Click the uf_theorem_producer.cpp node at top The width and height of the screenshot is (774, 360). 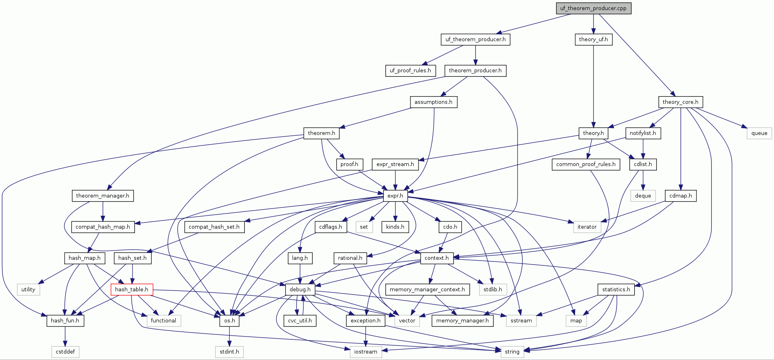click(593, 8)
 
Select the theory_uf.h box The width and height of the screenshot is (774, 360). click(593, 39)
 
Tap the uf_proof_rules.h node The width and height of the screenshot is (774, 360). click(410, 70)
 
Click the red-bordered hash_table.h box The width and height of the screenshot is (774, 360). click(132, 289)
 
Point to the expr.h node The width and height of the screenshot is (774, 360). click(395, 196)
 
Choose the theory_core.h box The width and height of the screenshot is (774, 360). click(680, 102)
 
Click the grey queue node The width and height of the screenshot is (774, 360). click(759, 133)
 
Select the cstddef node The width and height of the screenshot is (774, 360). click(65, 352)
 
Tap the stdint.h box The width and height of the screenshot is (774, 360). click(229, 352)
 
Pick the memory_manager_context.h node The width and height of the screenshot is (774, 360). click(427, 289)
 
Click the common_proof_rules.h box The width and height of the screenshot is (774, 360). click(585, 164)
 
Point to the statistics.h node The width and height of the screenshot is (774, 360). click(616, 289)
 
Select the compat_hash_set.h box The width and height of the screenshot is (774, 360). click(214, 227)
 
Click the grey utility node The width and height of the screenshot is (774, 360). click(28, 289)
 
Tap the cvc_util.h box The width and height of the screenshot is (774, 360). click(300, 320)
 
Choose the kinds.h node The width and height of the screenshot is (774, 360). click(395, 227)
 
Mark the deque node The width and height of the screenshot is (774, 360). click(643, 196)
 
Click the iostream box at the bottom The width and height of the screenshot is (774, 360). click(365, 352)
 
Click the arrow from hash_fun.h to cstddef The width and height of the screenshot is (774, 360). click(65, 336)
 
